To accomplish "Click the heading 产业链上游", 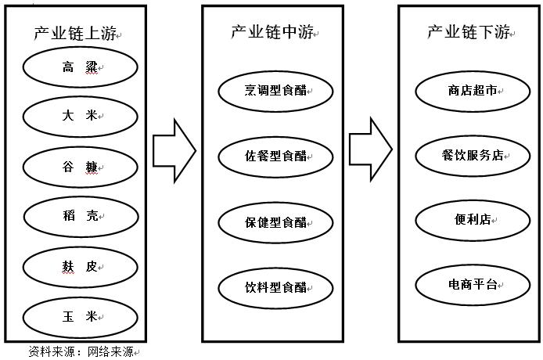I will (76, 33).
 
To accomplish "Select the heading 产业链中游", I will (272, 31).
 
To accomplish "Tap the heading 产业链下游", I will (468, 31).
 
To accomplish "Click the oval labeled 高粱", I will (81, 68).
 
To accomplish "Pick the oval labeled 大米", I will (81, 116).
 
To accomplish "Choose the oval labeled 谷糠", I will (81, 166).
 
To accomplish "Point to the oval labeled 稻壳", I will (81, 217).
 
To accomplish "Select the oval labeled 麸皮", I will (81, 267).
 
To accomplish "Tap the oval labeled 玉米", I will (81, 317).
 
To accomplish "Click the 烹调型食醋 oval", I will (275, 91).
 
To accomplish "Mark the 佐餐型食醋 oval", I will (275, 157).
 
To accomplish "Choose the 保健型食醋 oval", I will (275, 223).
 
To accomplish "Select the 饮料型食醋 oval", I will (275, 287).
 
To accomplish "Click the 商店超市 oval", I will (473, 91).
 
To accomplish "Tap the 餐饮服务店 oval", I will (473, 155).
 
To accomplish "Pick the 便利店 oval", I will (473, 219).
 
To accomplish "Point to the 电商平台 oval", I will (473, 284).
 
